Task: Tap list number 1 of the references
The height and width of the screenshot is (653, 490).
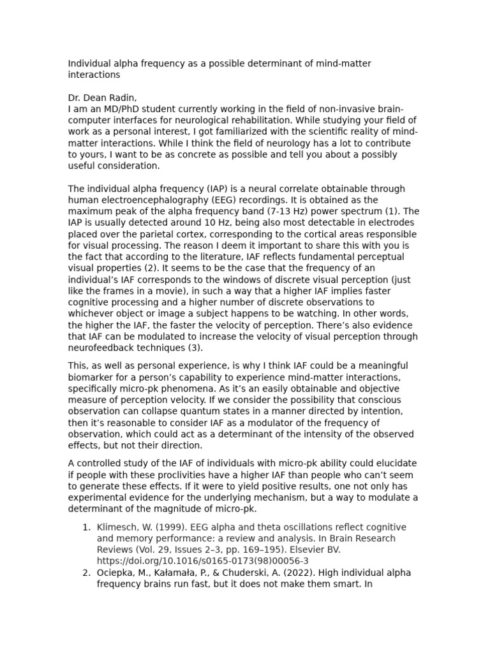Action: tap(87, 527)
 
